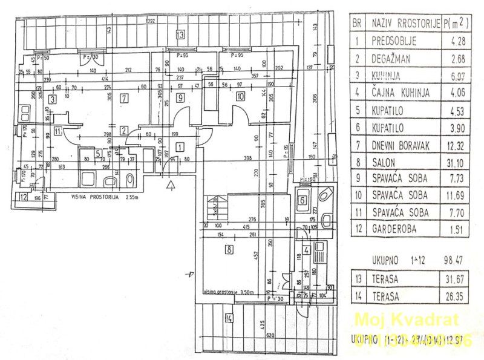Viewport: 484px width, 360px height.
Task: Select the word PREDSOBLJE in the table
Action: (396, 42)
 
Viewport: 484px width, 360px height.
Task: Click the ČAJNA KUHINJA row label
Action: (401, 93)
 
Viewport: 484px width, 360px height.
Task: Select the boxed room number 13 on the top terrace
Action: (180, 34)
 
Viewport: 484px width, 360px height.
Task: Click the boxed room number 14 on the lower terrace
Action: (229, 318)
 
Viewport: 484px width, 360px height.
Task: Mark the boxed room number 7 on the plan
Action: (123, 97)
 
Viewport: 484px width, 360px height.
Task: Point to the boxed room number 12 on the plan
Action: (23, 196)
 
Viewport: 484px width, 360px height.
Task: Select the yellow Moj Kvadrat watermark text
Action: (406, 320)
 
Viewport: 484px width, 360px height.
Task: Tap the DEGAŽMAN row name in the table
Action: (394, 59)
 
